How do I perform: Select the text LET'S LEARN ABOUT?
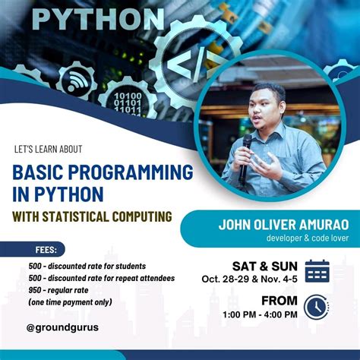(49, 149)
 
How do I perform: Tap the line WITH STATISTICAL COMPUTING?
(92, 216)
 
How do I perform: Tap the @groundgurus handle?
(62, 327)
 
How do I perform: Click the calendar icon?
(317, 271)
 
